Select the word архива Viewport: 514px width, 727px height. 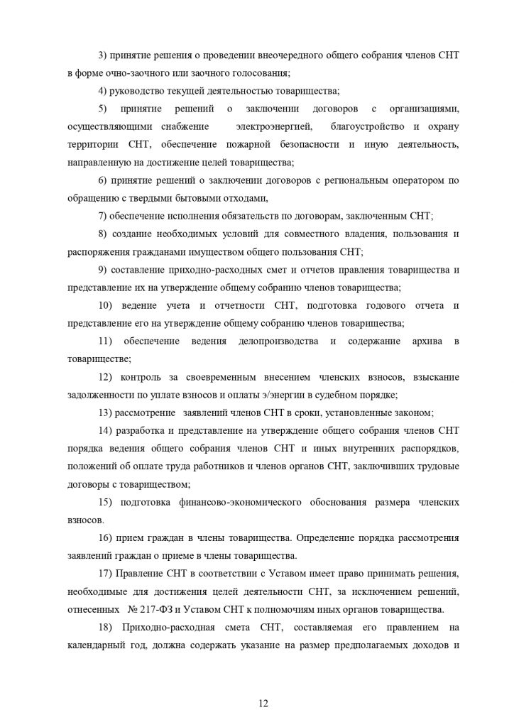[423, 341]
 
